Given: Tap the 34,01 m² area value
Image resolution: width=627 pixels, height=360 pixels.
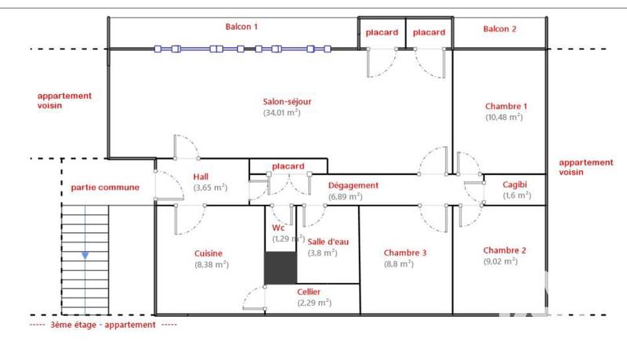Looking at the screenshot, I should pos(282,112).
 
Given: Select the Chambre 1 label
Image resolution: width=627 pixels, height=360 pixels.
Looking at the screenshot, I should pos(506,106).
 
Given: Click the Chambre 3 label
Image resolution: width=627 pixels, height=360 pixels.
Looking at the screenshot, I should pos(405,253).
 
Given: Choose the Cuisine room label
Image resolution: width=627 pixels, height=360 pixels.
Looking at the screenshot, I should pos(209,253).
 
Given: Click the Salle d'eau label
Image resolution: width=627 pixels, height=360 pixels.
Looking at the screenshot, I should pos(322,242).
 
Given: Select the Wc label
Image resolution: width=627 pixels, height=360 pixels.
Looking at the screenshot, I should pos(278,228).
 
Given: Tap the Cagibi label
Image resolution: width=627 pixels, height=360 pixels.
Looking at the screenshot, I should pos(516,184).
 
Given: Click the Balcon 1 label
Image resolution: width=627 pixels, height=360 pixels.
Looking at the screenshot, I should pos(241,27).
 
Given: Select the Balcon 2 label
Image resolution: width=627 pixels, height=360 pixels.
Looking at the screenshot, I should pos(500,29).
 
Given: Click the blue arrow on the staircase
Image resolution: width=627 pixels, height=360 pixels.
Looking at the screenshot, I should pos(85,256).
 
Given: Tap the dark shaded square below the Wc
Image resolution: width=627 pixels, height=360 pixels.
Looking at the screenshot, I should pos(280,268).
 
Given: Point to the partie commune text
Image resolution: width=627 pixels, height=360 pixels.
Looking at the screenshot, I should pos(105,187).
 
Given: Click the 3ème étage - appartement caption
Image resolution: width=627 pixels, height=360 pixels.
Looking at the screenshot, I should pos(103,324).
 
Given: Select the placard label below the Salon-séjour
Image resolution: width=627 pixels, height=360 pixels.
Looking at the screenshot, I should pos(288,166).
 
